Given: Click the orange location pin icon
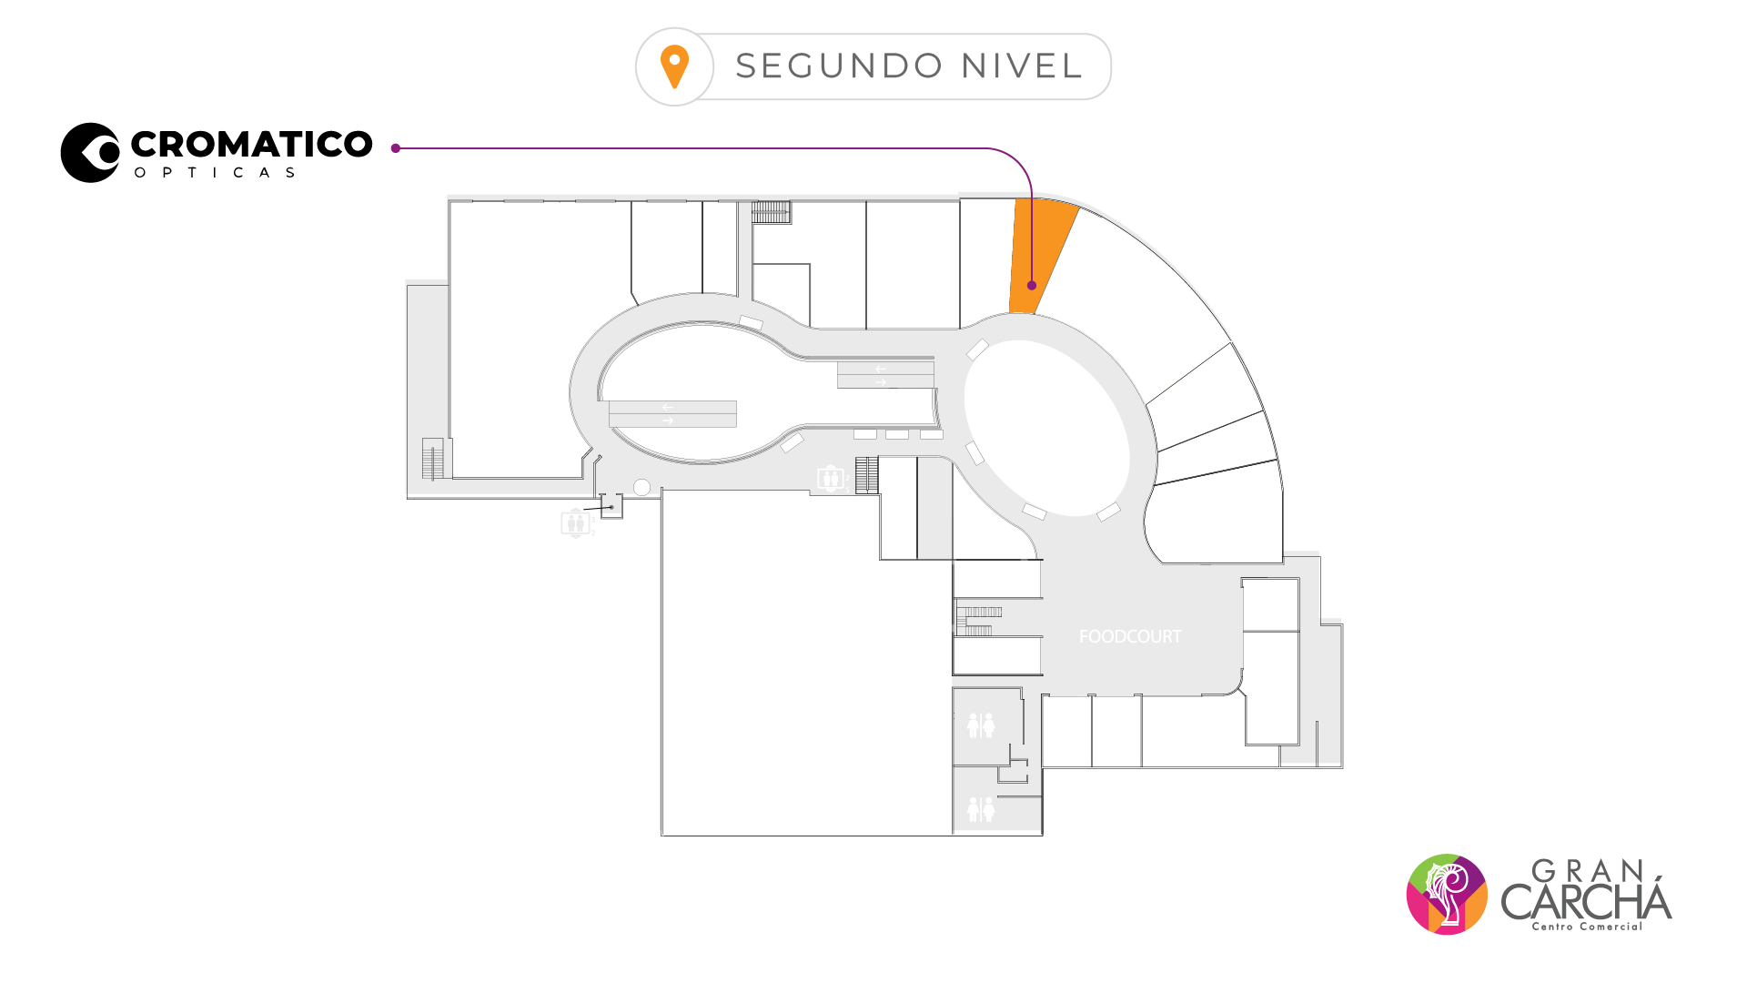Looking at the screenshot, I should [x=674, y=66].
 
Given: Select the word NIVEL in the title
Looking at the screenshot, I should [x=1022, y=66].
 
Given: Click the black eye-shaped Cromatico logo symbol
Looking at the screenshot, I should [x=90, y=153].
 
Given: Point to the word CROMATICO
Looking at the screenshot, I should [x=251, y=144].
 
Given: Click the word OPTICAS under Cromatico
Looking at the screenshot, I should [x=215, y=173].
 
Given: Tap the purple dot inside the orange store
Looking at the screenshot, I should [x=1032, y=286].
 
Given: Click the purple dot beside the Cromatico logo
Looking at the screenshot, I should [x=396, y=148].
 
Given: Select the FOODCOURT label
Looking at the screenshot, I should [x=1130, y=637].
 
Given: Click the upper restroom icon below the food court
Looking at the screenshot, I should [x=981, y=725].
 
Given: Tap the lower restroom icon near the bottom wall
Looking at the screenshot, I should [x=981, y=809].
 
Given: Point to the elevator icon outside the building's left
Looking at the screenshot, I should [x=576, y=523].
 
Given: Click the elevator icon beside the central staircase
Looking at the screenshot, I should [x=830, y=478].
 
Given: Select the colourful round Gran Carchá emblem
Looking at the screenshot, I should [x=1447, y=894].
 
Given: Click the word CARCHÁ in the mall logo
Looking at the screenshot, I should [x=1586, y=901].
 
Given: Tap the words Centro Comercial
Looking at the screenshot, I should [x=1587, y=927].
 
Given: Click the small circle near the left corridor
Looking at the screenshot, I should [x=641, y=488].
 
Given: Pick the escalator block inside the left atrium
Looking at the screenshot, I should [x=672, y=414].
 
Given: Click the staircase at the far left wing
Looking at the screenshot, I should [x=433, y=459].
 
